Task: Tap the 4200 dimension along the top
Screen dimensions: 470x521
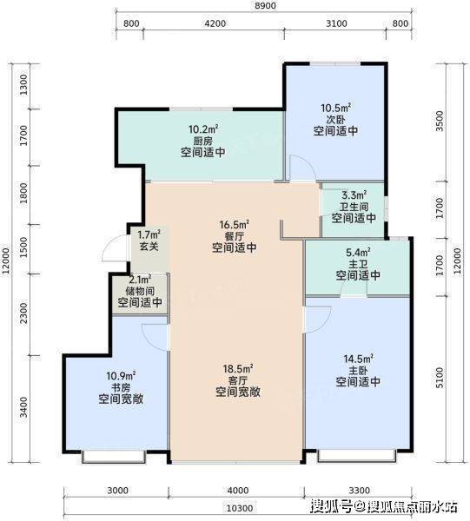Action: point(215,23)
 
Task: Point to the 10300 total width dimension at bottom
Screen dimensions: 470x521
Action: point(240,508)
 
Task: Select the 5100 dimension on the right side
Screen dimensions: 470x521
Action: point(440,378)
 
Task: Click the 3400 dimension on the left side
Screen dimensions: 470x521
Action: point(24,407)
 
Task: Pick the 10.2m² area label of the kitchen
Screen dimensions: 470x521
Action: point(203,129)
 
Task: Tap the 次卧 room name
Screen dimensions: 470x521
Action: point(335,119)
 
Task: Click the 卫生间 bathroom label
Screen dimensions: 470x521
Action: point(354,207)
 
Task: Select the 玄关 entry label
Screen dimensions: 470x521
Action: point(149,247)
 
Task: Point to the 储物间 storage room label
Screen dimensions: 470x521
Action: point(140,291)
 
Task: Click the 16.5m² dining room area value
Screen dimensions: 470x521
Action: point(234,225)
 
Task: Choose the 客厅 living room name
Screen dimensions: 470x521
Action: point(238,380)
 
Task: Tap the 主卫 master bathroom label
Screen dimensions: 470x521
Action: point(358,264)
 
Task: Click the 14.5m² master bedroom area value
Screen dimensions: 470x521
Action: point(358,359)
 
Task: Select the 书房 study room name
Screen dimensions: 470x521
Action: point(121,387)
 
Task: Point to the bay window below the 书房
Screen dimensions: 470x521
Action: point(114,457)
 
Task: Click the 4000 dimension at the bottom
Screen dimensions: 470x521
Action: point(239,491)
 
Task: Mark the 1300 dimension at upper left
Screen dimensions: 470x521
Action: point(24,85)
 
